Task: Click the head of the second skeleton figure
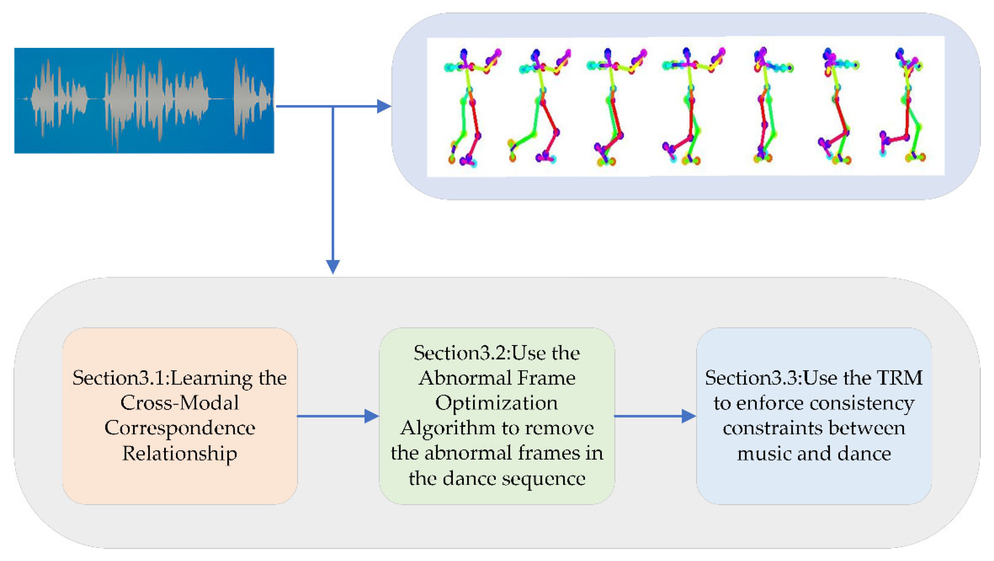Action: pyautogui.click(x=535, y=55)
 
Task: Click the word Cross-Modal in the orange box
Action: pyautogui.click(x=179, y=403)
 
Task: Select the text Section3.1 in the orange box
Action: pyautogui.click(x=119, y=378)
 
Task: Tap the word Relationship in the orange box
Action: pyautogui.click(x=179, y=453)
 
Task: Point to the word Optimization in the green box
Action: pyautogui.click(x=496, y=403)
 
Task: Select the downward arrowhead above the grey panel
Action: pyautogui.click(x=333, y=266)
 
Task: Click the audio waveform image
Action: pyautogui.click(x=144, y=100)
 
